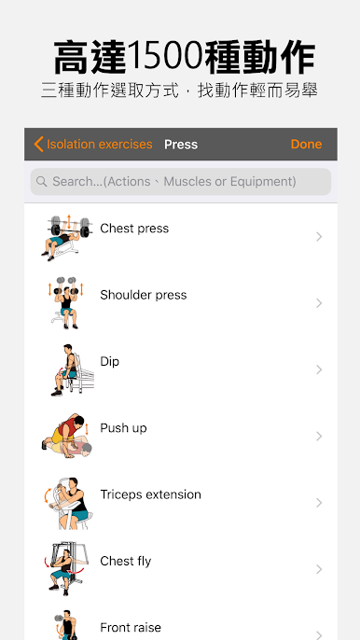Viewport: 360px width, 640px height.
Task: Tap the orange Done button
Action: (x=306, y=144)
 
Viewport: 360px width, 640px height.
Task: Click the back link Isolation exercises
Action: (x=93, y=144)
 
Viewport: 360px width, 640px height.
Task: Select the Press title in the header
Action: (x=181, y=145)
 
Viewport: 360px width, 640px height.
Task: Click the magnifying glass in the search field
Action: (x=41, y=181)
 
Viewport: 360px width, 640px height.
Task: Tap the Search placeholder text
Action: (x=174, y=181)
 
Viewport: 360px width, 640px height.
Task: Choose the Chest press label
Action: (x=134, y=229)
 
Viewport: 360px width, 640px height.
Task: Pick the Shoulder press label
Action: (x=144, y=295)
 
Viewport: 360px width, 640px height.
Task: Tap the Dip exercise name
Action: (x=109, y=362)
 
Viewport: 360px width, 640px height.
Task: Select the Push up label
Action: (x=123, y=428)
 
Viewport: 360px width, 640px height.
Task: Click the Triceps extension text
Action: (x=150, y=494)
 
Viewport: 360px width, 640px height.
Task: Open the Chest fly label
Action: (x=125, y=562)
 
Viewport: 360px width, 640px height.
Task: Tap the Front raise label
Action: (x=131, y=627)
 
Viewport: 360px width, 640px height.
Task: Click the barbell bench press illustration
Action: (x=66, y=238)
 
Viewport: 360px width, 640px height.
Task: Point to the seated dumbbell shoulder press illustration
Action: (x=65, y=303)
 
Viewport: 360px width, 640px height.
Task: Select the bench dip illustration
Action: (x=72, y=369)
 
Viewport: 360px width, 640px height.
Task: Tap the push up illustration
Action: (x=66, y=437)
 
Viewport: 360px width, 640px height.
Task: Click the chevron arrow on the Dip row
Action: (x=319, y=369)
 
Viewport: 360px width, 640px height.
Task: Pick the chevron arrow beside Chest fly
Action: (x=319, y=569)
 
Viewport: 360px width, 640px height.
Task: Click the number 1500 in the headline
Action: (x=165, y=56)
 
